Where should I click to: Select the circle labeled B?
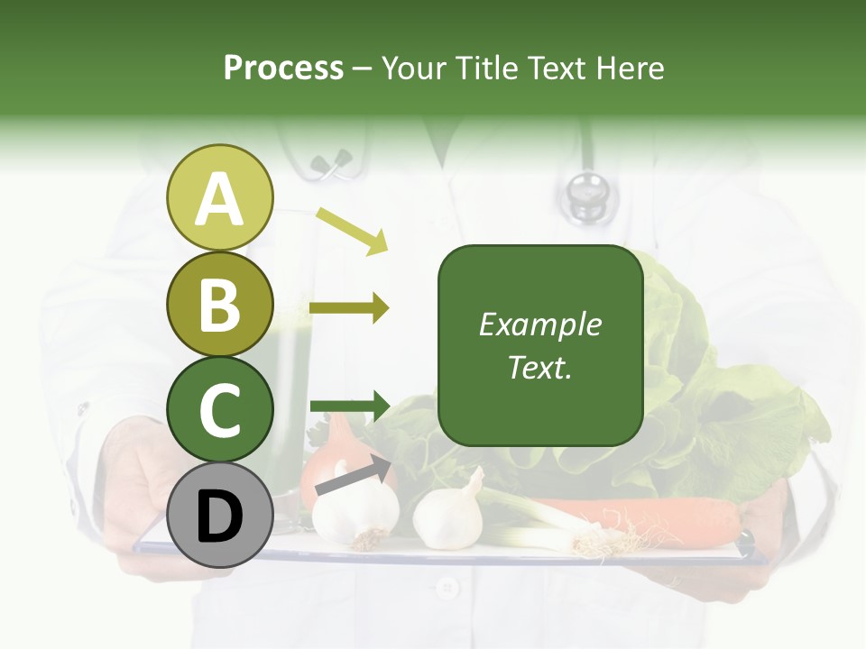pyautogui.click(x=219, y=304)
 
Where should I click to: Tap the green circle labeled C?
pyautogui.click(x=219, y=410)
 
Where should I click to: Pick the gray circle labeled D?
pyautogui.click(x=219, y=516)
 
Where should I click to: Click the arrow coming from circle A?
pyautogui.click(x=351, y=229)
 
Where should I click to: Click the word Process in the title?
pyautogui.click(x=283, y=68)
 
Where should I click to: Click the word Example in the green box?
pyautogui.click(x=539, y=324)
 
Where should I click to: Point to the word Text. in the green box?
pyautogui.click(x=539, y=367)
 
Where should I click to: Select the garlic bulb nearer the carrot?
pyautogui.click(x=448, y=514)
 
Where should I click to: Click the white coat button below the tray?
pyautogui.click(x=447, y=590)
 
